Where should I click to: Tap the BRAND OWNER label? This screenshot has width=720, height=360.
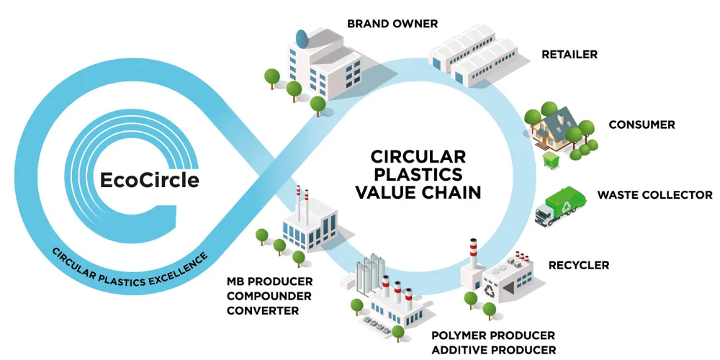pos(392,24)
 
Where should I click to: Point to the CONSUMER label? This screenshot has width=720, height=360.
pos(642,125)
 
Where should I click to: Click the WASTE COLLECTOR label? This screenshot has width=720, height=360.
pos(654,195)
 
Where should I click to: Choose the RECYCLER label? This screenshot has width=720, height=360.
pos(579,265)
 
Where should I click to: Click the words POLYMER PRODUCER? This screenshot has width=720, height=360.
pos(493,336)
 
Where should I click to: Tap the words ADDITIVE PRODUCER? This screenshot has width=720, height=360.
pos(493,350)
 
